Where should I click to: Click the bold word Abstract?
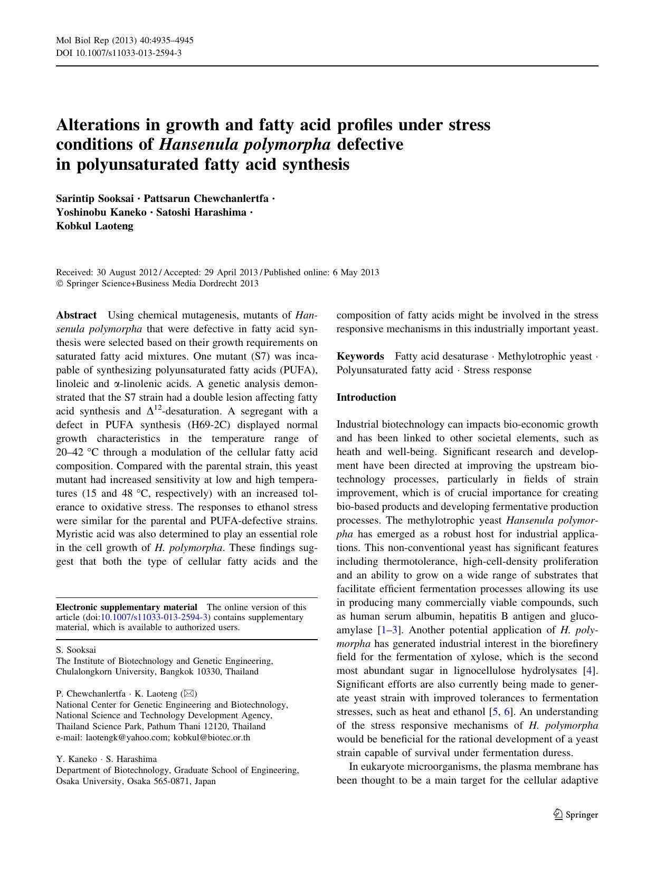point(76,315)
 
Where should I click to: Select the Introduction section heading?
point(366,398)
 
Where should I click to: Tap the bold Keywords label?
point(360,356)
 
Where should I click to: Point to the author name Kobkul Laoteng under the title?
point(94,226)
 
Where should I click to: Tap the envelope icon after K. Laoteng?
point(188,693)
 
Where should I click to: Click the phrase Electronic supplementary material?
point(127,607)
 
